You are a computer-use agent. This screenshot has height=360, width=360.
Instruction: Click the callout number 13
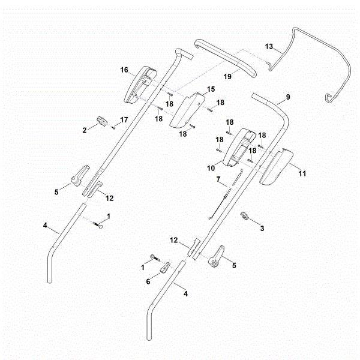click(269, 47)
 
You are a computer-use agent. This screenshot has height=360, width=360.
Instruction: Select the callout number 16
click(124, 70)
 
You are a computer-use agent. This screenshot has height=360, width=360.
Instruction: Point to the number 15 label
click(211, 89)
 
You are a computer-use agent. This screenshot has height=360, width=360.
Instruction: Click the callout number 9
click(288, 97)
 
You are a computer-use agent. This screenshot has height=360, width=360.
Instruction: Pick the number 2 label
click(86, 129)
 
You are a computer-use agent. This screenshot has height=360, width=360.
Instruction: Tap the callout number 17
click(124, 120)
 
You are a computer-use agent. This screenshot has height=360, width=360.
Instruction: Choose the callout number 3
click(262, 229)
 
